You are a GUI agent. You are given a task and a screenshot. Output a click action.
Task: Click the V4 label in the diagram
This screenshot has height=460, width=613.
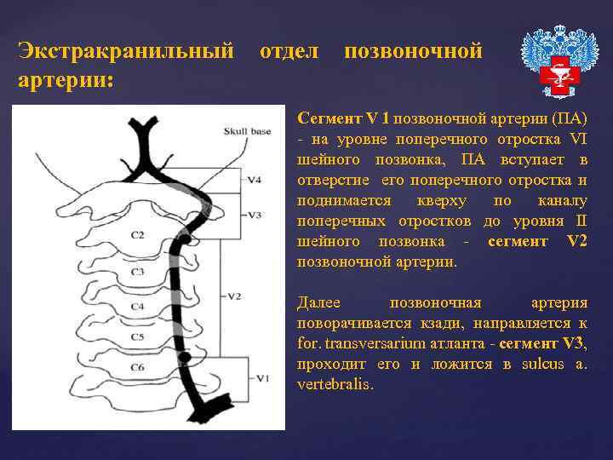click(x=253, y=180)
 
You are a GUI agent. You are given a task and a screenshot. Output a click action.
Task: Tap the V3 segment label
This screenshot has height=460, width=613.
click(x=253, y=216)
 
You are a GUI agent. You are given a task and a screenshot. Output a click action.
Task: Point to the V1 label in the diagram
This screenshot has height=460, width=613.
click(x=263, y=377)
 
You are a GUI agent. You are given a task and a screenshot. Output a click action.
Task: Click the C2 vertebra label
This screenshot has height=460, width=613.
click(x=138, y=233)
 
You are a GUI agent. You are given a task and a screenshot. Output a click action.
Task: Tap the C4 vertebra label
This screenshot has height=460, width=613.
click(x=138, y=306)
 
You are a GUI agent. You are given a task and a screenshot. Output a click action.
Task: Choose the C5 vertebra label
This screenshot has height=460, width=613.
click(x=138, y=336)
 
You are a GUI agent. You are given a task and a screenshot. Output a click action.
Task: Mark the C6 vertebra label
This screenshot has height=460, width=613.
click(x=138, y=367)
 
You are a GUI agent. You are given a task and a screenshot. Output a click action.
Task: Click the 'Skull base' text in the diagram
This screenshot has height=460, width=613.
click(x=247, y=130)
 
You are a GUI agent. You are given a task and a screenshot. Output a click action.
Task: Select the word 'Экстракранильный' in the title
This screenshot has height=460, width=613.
click(x=126, y=51)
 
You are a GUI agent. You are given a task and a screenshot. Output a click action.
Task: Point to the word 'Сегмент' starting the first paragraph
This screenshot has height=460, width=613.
click(x=329, y=118)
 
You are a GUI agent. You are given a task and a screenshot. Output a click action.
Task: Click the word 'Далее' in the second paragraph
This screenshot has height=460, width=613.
click(x=318, y=303)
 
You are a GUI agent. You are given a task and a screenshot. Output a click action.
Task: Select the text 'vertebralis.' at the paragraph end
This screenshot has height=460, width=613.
click(x=335, y=384)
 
